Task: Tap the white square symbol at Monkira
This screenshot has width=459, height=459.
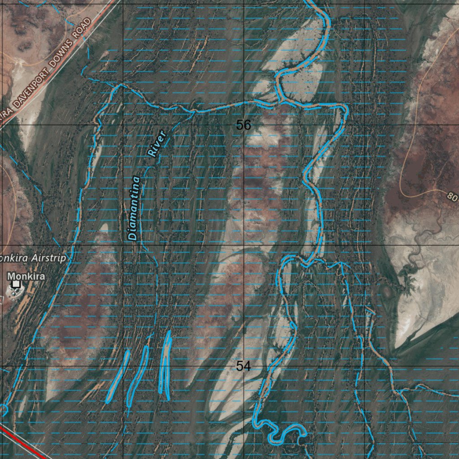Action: click(17, 284)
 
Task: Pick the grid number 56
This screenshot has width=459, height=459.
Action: click(243, 125)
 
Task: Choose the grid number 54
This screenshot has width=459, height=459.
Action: click(243, 366)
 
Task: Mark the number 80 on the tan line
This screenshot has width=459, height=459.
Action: click(453, 196)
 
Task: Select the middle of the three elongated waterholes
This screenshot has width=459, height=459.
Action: click(138, 375)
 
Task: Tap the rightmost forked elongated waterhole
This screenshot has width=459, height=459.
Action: click(165, 363)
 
